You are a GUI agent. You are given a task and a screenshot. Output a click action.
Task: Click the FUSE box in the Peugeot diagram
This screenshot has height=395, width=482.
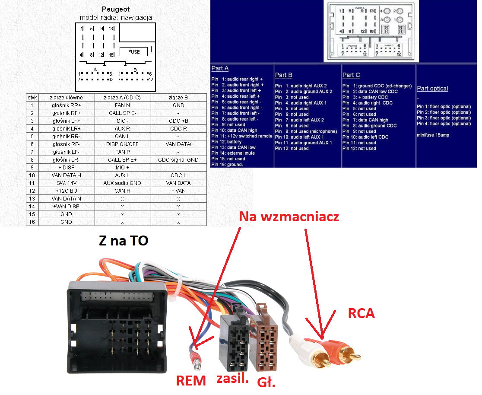[134, 52]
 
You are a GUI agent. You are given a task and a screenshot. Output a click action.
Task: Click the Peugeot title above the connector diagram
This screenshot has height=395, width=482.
[115, 9]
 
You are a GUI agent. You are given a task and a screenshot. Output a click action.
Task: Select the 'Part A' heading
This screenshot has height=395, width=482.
[220, 68]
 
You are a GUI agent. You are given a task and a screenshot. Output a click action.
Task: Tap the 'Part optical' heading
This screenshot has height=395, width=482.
[432, 89]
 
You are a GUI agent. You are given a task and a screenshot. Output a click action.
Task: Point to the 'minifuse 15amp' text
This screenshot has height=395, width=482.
[433, 135]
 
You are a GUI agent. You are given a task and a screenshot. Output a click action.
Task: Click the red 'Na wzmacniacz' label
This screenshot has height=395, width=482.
[289, 217]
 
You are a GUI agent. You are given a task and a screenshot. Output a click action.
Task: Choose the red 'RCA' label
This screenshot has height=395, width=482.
[361, 314]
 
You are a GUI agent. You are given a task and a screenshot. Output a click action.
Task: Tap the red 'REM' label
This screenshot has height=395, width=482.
[191, 380]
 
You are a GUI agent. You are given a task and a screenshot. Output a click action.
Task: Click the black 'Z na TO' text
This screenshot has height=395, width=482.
[124, 240]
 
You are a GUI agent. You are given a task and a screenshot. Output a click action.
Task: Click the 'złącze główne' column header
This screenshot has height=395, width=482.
[66, 97]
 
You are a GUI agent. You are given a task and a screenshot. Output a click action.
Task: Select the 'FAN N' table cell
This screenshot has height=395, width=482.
[122, 105]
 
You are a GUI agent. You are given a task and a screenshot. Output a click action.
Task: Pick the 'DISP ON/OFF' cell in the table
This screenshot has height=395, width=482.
[122, 144]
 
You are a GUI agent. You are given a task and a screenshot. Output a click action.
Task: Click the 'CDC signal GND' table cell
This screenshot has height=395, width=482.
[178, 159]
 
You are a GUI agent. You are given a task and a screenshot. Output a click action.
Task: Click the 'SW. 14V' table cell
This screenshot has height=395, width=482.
[66, 183]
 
